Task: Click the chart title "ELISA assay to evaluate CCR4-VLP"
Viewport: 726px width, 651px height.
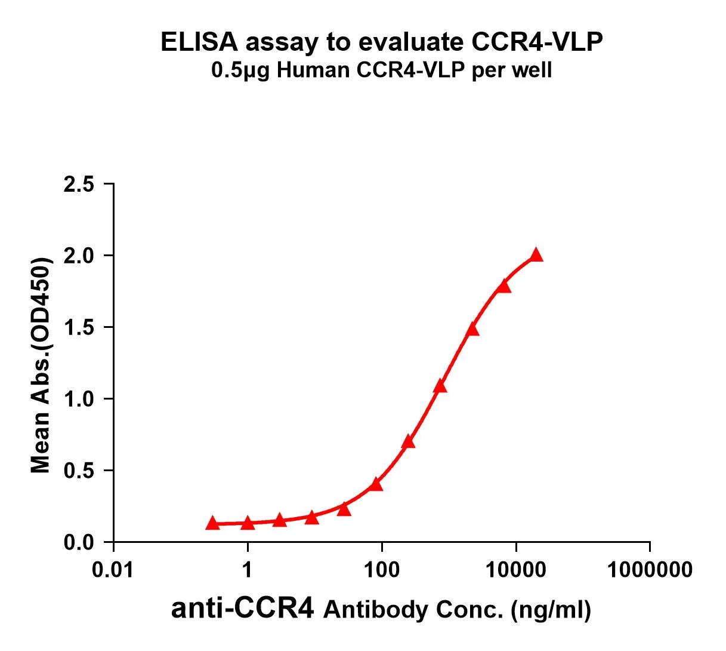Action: pos(382,42)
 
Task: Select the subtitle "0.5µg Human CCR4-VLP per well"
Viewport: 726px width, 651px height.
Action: pos(382,71)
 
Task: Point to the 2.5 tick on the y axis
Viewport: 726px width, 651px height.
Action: pos(79,185)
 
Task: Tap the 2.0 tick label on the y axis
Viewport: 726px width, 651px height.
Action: pos(79,256)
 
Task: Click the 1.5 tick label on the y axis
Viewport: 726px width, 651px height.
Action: pos(79,328)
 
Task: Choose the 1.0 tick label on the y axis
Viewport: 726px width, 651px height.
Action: pos(79,400)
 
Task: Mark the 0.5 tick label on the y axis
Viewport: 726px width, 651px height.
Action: pos(79,471)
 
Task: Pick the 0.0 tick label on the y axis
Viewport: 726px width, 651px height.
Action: pos(79,543)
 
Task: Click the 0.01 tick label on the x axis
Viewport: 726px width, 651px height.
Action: pos(113,570)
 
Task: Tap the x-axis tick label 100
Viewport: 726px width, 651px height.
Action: pos(382,570)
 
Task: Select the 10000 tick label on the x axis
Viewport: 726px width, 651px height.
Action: pos(515,570)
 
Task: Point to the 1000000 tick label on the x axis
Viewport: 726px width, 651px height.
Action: pos(650,570)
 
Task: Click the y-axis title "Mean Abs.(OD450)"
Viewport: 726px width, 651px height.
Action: pos(41,366)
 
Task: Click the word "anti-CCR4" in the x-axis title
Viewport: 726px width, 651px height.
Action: pos(242,609)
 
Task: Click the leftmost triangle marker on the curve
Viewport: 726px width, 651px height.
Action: pos(212,523)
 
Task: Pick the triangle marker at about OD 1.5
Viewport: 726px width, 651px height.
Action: pos(472,329)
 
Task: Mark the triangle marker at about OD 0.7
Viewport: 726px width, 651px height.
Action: pos(409,442)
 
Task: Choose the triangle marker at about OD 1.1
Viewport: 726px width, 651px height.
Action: pos(440,386)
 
